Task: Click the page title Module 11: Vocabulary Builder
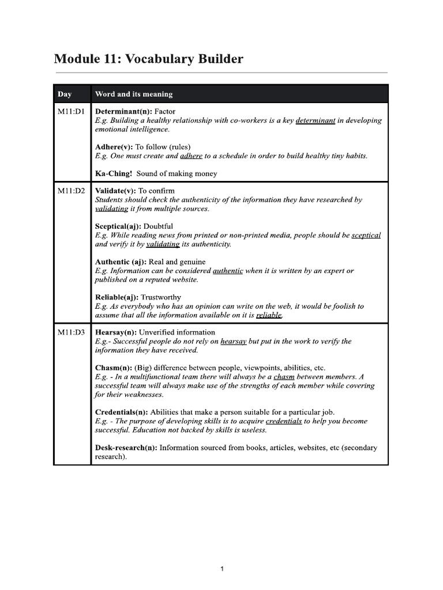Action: coord(148,59)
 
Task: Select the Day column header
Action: coord(65,94)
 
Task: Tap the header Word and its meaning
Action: coord(133,94)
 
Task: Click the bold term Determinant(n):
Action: coord(123,111)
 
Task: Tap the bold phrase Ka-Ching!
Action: coord(113,173)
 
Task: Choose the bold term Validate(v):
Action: coord(115,191)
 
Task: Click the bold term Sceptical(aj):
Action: coord(118,226)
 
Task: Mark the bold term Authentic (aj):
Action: coord(121,262)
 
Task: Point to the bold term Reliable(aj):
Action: coord(117,297)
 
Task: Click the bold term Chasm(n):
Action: coord(113,368)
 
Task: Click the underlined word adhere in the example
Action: coord(191,156)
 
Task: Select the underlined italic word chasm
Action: coord(284,377)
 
